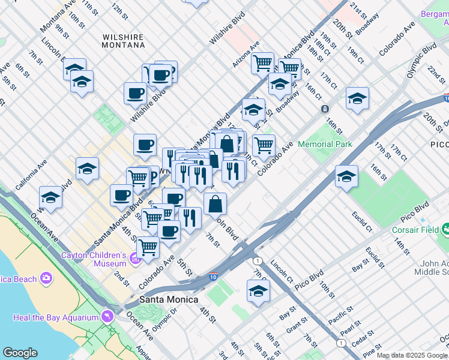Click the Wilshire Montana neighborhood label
click(x=123, y=41)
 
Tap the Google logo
click(x=20, y=353)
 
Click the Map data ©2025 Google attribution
click(x=412, y=355)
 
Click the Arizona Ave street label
click(x=246, y=54)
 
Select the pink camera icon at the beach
click(x=46, y=278)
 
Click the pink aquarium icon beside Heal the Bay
click(x=108, y=316)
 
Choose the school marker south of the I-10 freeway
click(x=258, y=291)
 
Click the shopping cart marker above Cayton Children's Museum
click(x=147, y=246)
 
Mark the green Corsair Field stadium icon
click(x=445, y=229)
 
